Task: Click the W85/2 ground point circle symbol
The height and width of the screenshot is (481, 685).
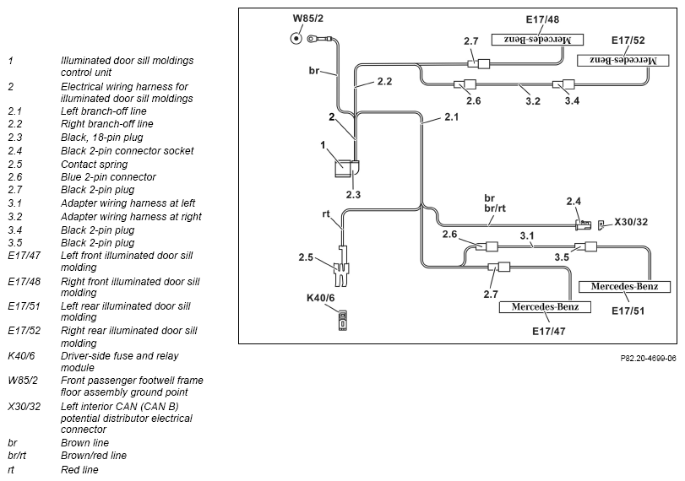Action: click(296, 39)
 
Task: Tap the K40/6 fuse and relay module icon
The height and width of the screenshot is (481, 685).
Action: click(343, 321)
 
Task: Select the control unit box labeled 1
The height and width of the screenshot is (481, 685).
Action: click(342, 169)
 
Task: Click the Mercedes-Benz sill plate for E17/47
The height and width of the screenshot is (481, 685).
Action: click(545, 307)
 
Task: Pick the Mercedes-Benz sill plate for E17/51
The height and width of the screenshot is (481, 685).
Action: click(624, 287)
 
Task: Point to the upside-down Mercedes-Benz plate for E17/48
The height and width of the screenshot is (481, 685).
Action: click(537, 40)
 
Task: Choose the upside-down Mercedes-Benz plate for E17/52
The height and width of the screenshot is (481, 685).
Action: click(623, 60)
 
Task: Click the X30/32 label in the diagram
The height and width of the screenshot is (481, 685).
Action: click(631, 222)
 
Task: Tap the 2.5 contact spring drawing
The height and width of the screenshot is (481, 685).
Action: click(340, 267)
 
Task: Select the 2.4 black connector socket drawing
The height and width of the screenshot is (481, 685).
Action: click(584, 224)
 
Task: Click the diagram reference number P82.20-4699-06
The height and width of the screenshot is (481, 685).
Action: click(648, 359)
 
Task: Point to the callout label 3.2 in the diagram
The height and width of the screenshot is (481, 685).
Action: click(532, 100)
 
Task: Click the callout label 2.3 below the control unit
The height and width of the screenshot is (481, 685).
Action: click(353, 195)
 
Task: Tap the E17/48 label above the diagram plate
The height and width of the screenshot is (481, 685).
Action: click(542, 19)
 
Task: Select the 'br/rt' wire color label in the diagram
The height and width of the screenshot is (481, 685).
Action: click(494, 208)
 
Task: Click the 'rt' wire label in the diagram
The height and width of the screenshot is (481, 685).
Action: click(326, 213)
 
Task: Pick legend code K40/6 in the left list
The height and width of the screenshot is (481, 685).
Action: click(21, 356)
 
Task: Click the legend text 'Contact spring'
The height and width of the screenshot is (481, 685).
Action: click(94, 164)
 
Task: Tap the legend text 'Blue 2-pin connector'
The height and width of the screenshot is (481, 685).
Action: click(108, 176)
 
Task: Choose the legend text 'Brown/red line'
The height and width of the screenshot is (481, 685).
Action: click(94, 455)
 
